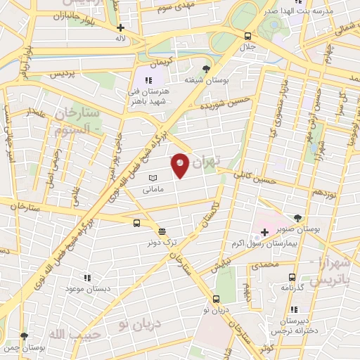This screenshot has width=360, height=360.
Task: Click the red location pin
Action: pos(181,165)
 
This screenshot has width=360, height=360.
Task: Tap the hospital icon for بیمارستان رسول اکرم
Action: pos(264,232)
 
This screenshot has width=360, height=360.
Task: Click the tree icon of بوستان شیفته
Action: pos(205,69)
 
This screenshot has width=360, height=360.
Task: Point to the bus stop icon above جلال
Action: pos(247,36)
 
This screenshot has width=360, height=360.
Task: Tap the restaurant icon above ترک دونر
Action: pos(162,231)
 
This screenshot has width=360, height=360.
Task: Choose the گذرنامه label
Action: pos(292,288)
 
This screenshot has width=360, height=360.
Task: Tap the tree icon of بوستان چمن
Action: pos(25,337)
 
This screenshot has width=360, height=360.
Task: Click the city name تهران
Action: pos(206,162)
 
